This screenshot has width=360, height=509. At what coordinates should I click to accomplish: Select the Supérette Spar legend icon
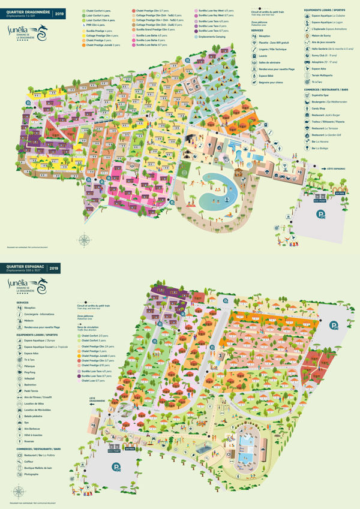(x=307, y=95)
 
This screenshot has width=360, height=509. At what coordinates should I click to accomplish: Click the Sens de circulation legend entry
(x=88, y=327)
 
